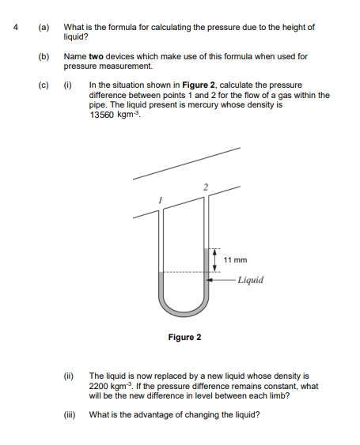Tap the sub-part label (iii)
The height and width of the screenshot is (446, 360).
71,414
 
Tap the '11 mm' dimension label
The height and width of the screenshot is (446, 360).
235,259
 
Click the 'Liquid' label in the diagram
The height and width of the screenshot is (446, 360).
250,280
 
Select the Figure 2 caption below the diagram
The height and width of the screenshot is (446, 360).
184,338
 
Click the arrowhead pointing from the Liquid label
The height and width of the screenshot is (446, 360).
210,279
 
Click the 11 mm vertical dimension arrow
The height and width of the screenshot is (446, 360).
213,260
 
